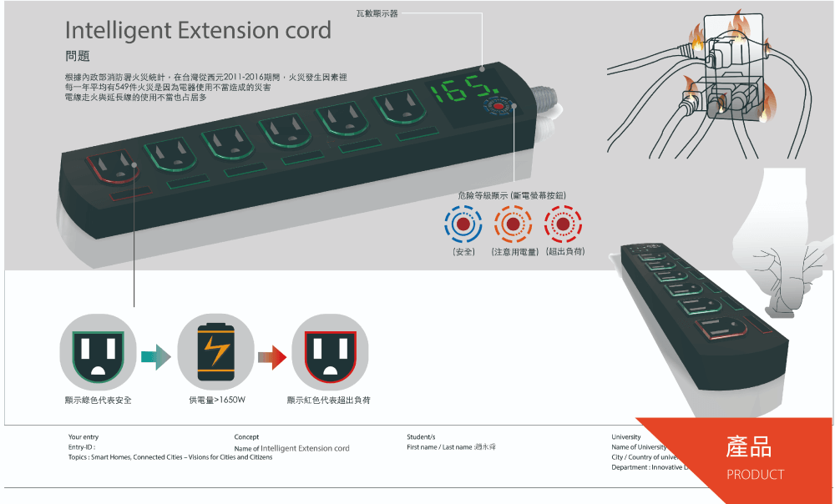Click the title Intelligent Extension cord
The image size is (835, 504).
click(198, 31)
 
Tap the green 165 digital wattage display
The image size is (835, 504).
click(461, 91)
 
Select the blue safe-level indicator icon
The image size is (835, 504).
click(463, 225)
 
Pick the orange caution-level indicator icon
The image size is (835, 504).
click(513, 225)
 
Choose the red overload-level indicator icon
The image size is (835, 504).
click(563, 225)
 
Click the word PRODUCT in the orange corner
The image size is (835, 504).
click(755, 475)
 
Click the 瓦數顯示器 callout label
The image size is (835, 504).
click(377, 14)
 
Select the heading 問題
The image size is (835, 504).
click(77, 57)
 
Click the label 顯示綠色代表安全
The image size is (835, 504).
click(98, 401)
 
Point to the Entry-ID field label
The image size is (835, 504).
click(82, 447)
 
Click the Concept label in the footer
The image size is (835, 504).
click(246, 436)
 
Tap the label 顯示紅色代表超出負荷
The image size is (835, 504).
click(328, 401)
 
